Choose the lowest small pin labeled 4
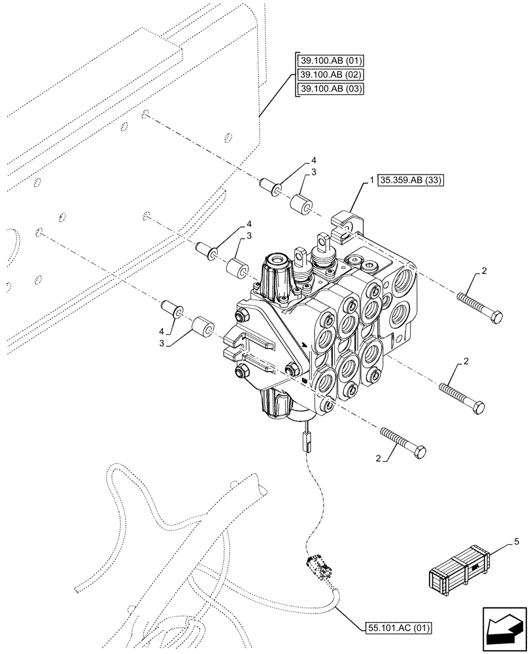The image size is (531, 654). point(171,308)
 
